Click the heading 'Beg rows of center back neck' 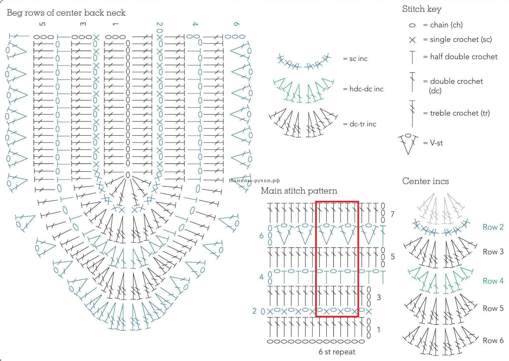click(x=66, y=13)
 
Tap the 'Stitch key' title click(x=422, y=9)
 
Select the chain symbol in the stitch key click(x=412, y=25)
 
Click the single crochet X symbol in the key click(x=412, y=40)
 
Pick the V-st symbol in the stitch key click(x=408, y=144)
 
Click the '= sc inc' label click(x=355, y=59)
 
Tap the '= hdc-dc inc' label click(x=363, y=89)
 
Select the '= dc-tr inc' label click(x=359, y=124)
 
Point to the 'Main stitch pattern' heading click(x=299, y=191)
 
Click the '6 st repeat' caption click(x=337, y=352)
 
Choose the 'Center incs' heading click(x=425, y=181)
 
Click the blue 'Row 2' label click(x=493, y=227)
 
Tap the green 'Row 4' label click(x=493, y=281)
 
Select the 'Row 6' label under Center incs click(x=493, y=341)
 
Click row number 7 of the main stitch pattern click(x=392, y=214)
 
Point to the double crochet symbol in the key click(x=412, y=82)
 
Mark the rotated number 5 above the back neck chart click(x=43, y=24)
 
